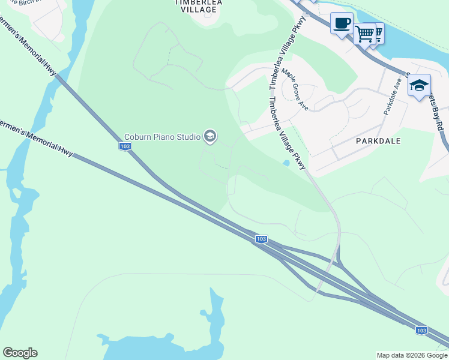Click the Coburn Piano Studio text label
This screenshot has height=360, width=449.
pos(162,137)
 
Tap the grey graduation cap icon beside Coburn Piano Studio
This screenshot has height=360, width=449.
pos(209,137)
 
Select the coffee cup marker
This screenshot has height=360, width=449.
pos(342,24)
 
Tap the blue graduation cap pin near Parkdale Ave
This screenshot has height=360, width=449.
pos(418,85)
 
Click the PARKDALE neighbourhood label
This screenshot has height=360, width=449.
pos(378,140)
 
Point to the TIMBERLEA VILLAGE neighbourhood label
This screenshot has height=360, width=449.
pos(194,6)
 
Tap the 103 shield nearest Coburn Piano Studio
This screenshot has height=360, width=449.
pos(125,146)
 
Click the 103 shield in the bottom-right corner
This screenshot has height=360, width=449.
pos(422,330)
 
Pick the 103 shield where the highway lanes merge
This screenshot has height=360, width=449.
pos(261,239)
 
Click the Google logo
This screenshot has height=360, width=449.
pos(20,353)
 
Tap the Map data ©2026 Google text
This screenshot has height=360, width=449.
pos(412,355)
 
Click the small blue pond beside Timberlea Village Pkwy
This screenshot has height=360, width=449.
pos(286,163)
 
